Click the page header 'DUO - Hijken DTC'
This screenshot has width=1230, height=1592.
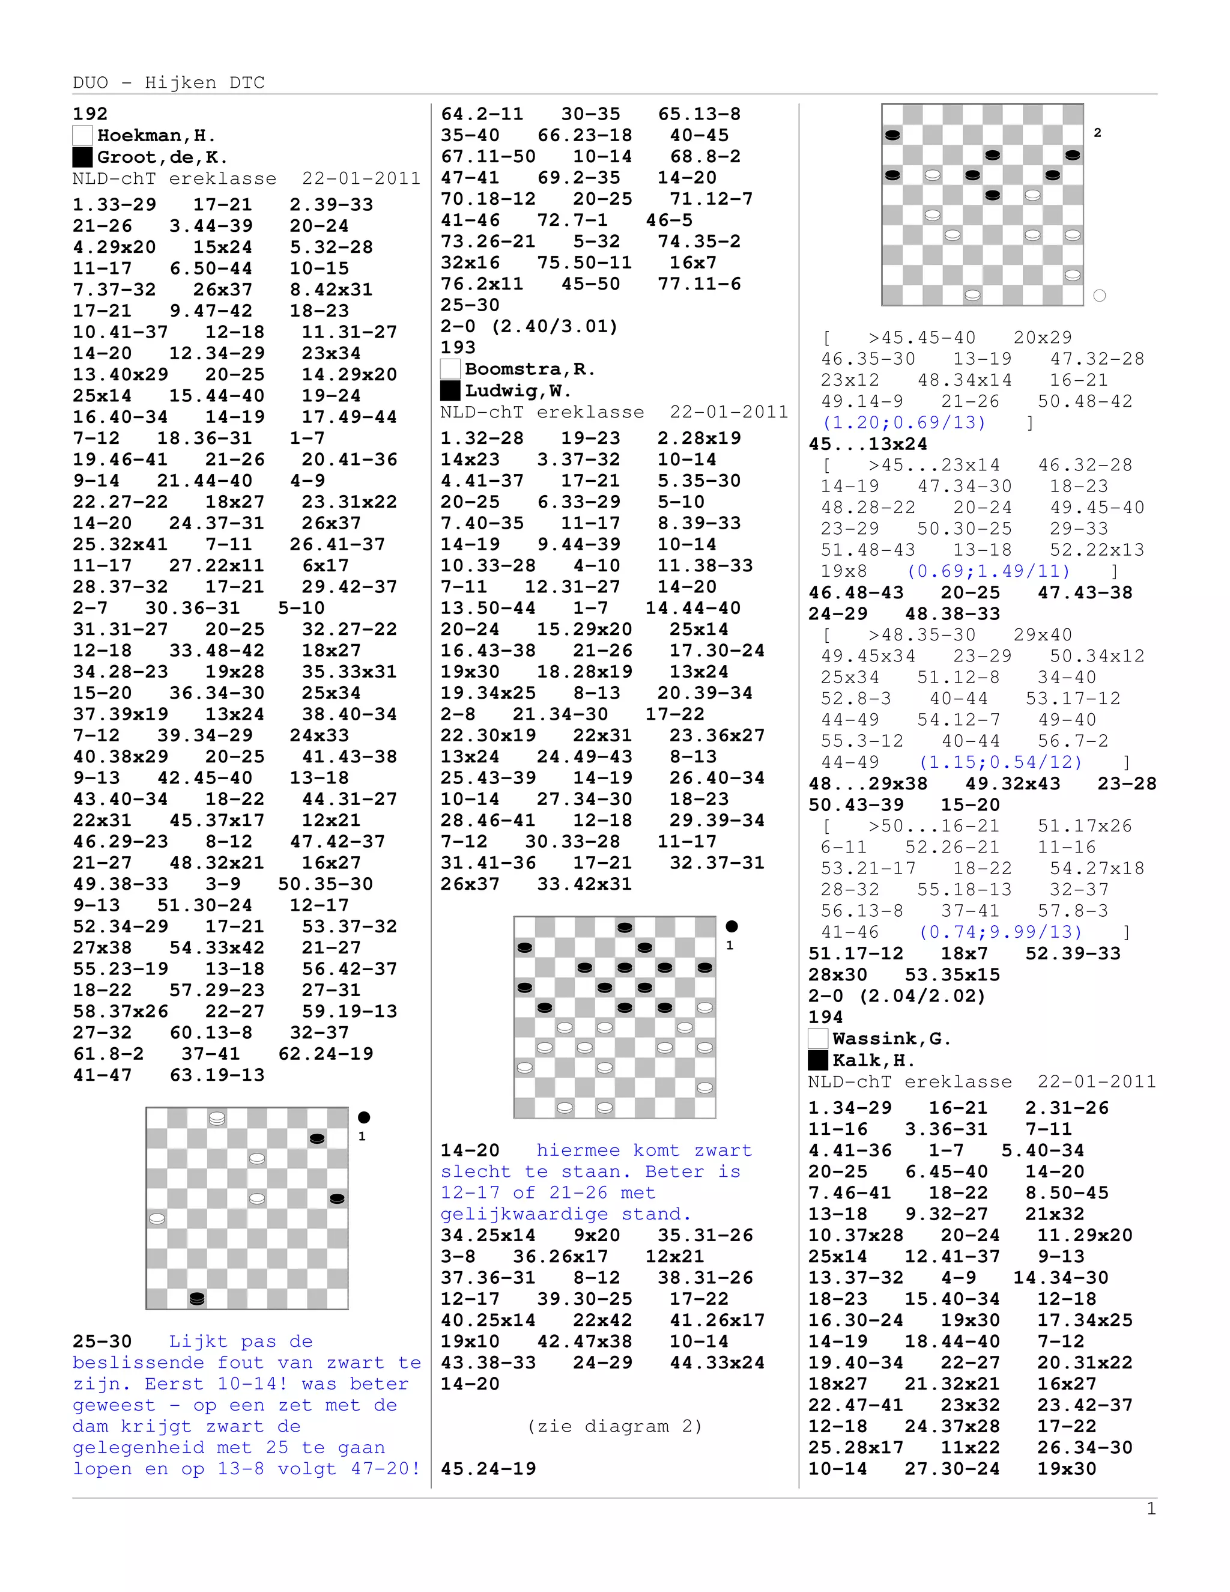[x=168, y=82]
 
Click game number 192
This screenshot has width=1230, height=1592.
[x=89, y=114]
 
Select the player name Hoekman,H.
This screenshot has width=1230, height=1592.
[x=156, y=136]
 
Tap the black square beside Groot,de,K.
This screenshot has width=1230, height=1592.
[x=82, y=157]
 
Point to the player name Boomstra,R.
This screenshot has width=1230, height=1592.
[x=530, y=369]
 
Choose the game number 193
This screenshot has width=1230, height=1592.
[x=458, y=348]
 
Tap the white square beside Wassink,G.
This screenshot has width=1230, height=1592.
[x=817, y=1039]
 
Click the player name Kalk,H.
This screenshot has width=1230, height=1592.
[x=874, y=1060]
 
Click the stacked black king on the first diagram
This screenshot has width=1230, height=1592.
[x=197, y=1298]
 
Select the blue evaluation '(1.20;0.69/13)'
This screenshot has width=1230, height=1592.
[x=903, y=422]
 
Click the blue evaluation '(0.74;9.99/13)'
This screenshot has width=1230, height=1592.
[x=1001, y=932]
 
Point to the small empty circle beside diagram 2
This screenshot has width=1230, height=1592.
[x=1100, y=295]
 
